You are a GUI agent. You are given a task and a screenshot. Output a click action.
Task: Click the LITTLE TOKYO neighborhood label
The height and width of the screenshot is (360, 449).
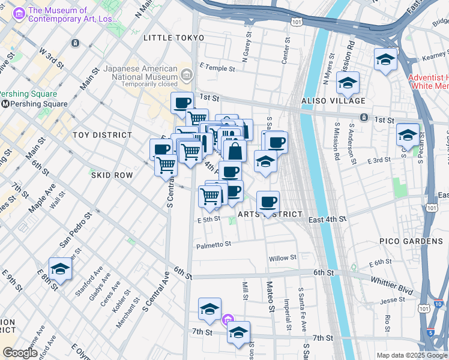click(x=174, y=38)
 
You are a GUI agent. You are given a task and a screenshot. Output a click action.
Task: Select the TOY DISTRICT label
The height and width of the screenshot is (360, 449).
click(x=102, y=135)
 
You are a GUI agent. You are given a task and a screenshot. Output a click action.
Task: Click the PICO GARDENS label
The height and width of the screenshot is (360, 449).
click(x=411, y=241)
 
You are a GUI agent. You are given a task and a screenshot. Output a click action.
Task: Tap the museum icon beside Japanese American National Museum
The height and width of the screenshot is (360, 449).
click(x=186, y=75)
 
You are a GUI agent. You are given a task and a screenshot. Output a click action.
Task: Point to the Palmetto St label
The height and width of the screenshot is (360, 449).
click(x=213, y=245)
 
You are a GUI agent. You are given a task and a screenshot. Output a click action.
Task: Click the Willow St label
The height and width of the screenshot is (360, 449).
click(x=283, y=258)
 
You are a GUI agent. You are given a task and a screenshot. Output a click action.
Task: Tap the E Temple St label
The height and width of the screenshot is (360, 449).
click(x=217, y=68)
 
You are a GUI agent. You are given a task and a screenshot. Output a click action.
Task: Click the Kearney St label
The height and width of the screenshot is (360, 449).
click(x=434, y=56)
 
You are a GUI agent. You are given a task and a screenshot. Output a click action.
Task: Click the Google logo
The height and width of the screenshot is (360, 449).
click(x=20, y=353)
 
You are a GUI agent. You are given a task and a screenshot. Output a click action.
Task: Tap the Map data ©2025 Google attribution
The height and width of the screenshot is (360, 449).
click(x=411, y=355)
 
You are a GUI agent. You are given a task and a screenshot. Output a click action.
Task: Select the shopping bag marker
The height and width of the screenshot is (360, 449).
click(x=235, y=151)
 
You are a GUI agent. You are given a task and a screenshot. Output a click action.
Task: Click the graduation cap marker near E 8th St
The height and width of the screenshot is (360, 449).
click(x=60, y=271)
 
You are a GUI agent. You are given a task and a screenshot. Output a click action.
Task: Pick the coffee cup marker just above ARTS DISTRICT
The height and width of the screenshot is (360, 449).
click(x=268, y=202)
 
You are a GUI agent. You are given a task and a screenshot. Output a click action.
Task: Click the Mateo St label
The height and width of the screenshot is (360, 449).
click(x=270, y=297)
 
